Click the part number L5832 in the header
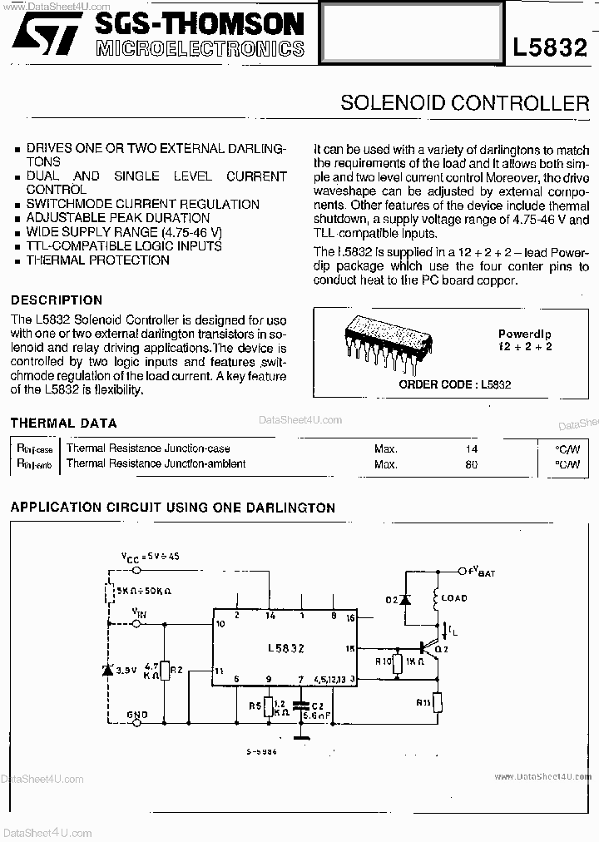tap(551, 47)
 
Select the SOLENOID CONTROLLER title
tap(464, 103)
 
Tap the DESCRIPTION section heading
tap(57, 300)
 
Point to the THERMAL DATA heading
tap(63, 423)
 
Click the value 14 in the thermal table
tap(472, 448)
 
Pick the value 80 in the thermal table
tap(472, 463)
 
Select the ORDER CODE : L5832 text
tap(454, 384)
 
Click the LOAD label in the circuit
tap(454, 597)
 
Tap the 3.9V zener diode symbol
tap(106, 669)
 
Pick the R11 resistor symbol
tap(437, 701)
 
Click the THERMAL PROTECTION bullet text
tap(97, 260)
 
